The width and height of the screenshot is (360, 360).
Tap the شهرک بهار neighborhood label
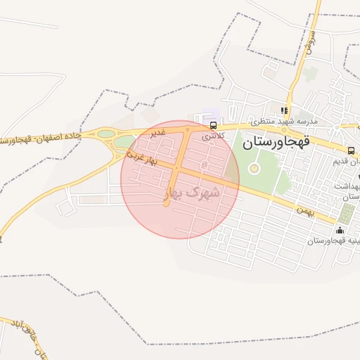coord(192,191)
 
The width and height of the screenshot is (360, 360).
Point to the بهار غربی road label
coord(141,157)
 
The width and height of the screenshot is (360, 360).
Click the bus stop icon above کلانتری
coord(212,125)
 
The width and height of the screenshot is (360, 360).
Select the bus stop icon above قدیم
coord(351,150)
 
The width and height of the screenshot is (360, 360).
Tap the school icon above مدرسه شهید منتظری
coord(284,110)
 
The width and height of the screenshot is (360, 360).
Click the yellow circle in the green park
coord(254,168)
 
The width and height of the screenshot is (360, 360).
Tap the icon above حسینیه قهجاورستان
coord(340,230)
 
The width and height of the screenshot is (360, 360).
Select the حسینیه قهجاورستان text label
coord(333,241)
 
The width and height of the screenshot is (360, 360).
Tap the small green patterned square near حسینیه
coord(346,213)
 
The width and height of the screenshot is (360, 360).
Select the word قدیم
coord(347,162)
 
